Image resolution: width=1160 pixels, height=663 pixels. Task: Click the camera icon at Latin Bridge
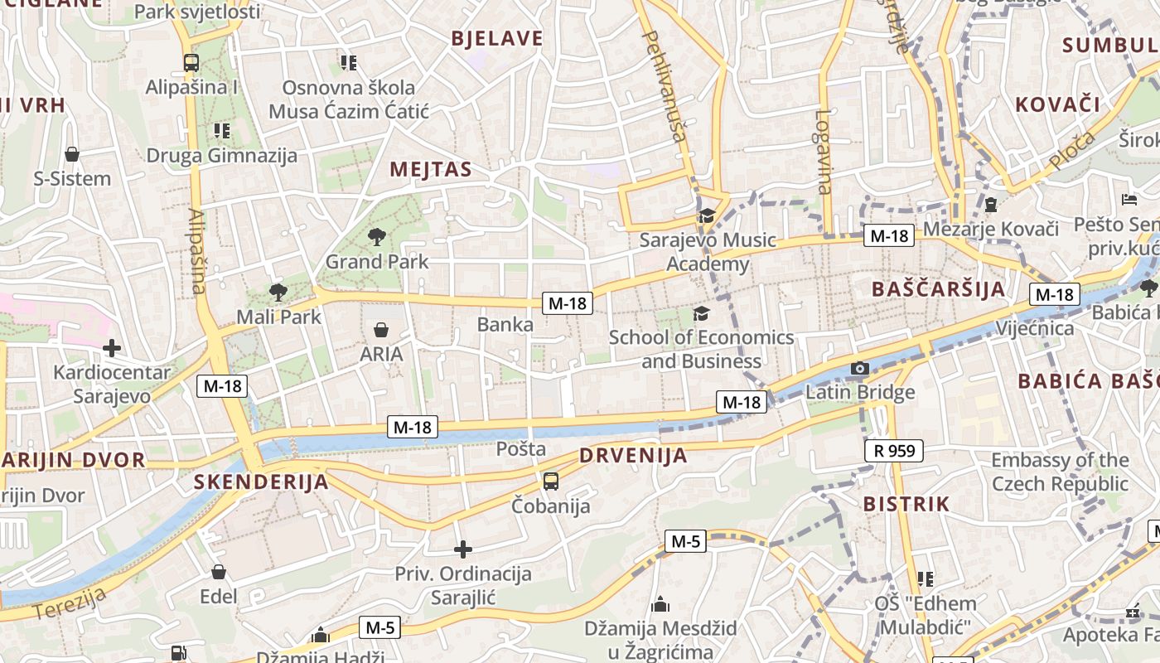click(860, 368)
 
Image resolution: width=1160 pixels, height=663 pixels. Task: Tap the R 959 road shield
click(894, 451)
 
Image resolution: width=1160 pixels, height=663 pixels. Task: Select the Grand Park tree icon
click(377, 237)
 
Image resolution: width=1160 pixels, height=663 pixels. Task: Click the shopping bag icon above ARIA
click(381, 330)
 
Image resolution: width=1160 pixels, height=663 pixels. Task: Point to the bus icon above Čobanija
click(550, 481)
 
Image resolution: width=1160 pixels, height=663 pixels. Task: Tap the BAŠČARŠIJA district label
click(938, 289)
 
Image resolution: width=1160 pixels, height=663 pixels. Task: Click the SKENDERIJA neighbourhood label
click(261, 482)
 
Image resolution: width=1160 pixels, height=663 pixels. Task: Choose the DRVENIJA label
click(633, 455)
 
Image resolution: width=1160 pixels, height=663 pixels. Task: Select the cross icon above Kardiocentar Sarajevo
click(111, 348)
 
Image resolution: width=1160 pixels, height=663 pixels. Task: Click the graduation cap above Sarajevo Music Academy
click(706, 216)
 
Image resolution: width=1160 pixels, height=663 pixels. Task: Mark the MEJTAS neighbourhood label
click(431, 170)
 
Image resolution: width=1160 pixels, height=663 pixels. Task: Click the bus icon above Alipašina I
click(191, 62)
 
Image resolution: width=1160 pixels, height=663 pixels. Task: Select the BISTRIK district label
click(906, 504)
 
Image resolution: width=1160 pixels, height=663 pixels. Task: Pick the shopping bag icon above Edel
click(219, 572)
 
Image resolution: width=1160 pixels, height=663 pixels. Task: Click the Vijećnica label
click(1034, 328)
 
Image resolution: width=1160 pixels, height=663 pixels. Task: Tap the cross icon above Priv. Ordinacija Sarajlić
click(463, 549)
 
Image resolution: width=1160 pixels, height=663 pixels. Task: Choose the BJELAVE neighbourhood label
click(497, 38)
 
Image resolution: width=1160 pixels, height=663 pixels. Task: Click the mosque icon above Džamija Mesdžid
click(660, 604)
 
